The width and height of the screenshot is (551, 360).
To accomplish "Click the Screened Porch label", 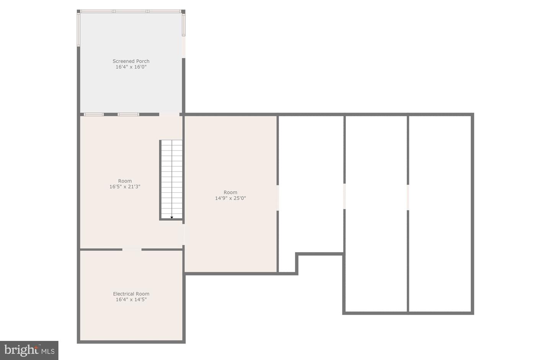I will pyautogui.click(x=131, y=61).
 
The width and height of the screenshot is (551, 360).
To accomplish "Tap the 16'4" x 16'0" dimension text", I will pyautogui.click(x=131, y=67).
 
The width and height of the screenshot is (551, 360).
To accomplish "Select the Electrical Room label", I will pyautogui.click(x=131, y=294).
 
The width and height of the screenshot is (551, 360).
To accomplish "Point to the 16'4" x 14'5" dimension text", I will pyautogui.click(x=131, y=300).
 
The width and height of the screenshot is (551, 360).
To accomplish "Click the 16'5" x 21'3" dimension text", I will pyautogui.click(x=125, y=187).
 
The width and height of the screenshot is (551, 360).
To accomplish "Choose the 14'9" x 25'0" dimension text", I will pyautogui.click(x=230, y=198).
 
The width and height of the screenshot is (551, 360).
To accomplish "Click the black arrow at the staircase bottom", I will pyautogui.click(x=172, y=217).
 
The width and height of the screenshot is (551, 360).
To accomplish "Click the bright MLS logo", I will pyautogui.click(x=29, y=350).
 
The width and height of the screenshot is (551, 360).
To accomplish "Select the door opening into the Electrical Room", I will pyautogui.click(x=132, y=249).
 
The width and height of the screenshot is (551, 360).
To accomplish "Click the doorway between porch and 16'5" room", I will pyautogui.click(x=169, y=114).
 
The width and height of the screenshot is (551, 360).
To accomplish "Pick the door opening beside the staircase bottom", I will pyautogui.click(x=184, y=234).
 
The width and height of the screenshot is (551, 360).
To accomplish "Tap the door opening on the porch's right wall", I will pyautogui.click(x=184, y=47).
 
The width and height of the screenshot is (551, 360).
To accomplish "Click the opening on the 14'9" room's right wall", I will pyautogui.click(x=277, y=197).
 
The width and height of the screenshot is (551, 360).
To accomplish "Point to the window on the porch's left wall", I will pyautogui.click(x=78, y=29).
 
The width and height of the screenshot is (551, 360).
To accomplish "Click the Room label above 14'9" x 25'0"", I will pyautogui.click(x=230, y=192).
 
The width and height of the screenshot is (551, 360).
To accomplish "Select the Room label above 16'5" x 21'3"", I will pyautogui.click(x=125, y=181).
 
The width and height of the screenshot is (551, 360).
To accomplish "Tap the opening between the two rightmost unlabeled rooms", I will pyautogui.click(x=408, y=197).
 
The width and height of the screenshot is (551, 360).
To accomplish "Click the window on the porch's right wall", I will pyautogui.click(x=184, y=24).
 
